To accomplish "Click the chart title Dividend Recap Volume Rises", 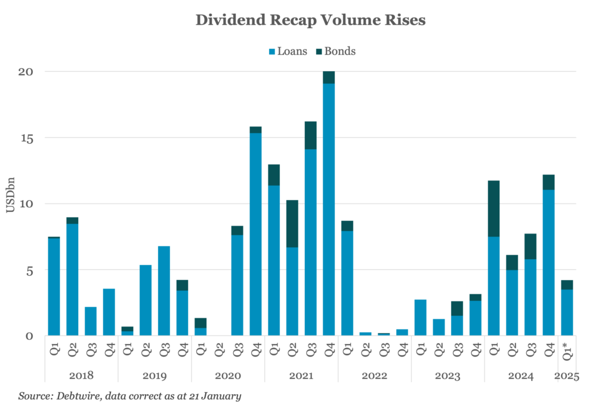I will click(x=310, y=20).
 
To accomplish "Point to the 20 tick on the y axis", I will click(x=24, y=72).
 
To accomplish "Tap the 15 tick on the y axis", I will click(x=24, y=138).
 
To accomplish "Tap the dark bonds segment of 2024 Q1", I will click(x=493, y=208).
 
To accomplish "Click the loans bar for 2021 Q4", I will click(x=328, y=209).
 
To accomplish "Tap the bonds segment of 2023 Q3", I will click(x=456, y=308).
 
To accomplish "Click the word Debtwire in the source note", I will click(x=76, y=396).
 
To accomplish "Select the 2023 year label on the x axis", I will click(x=448, y=376).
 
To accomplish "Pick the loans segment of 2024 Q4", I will click(x=548, y=263).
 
